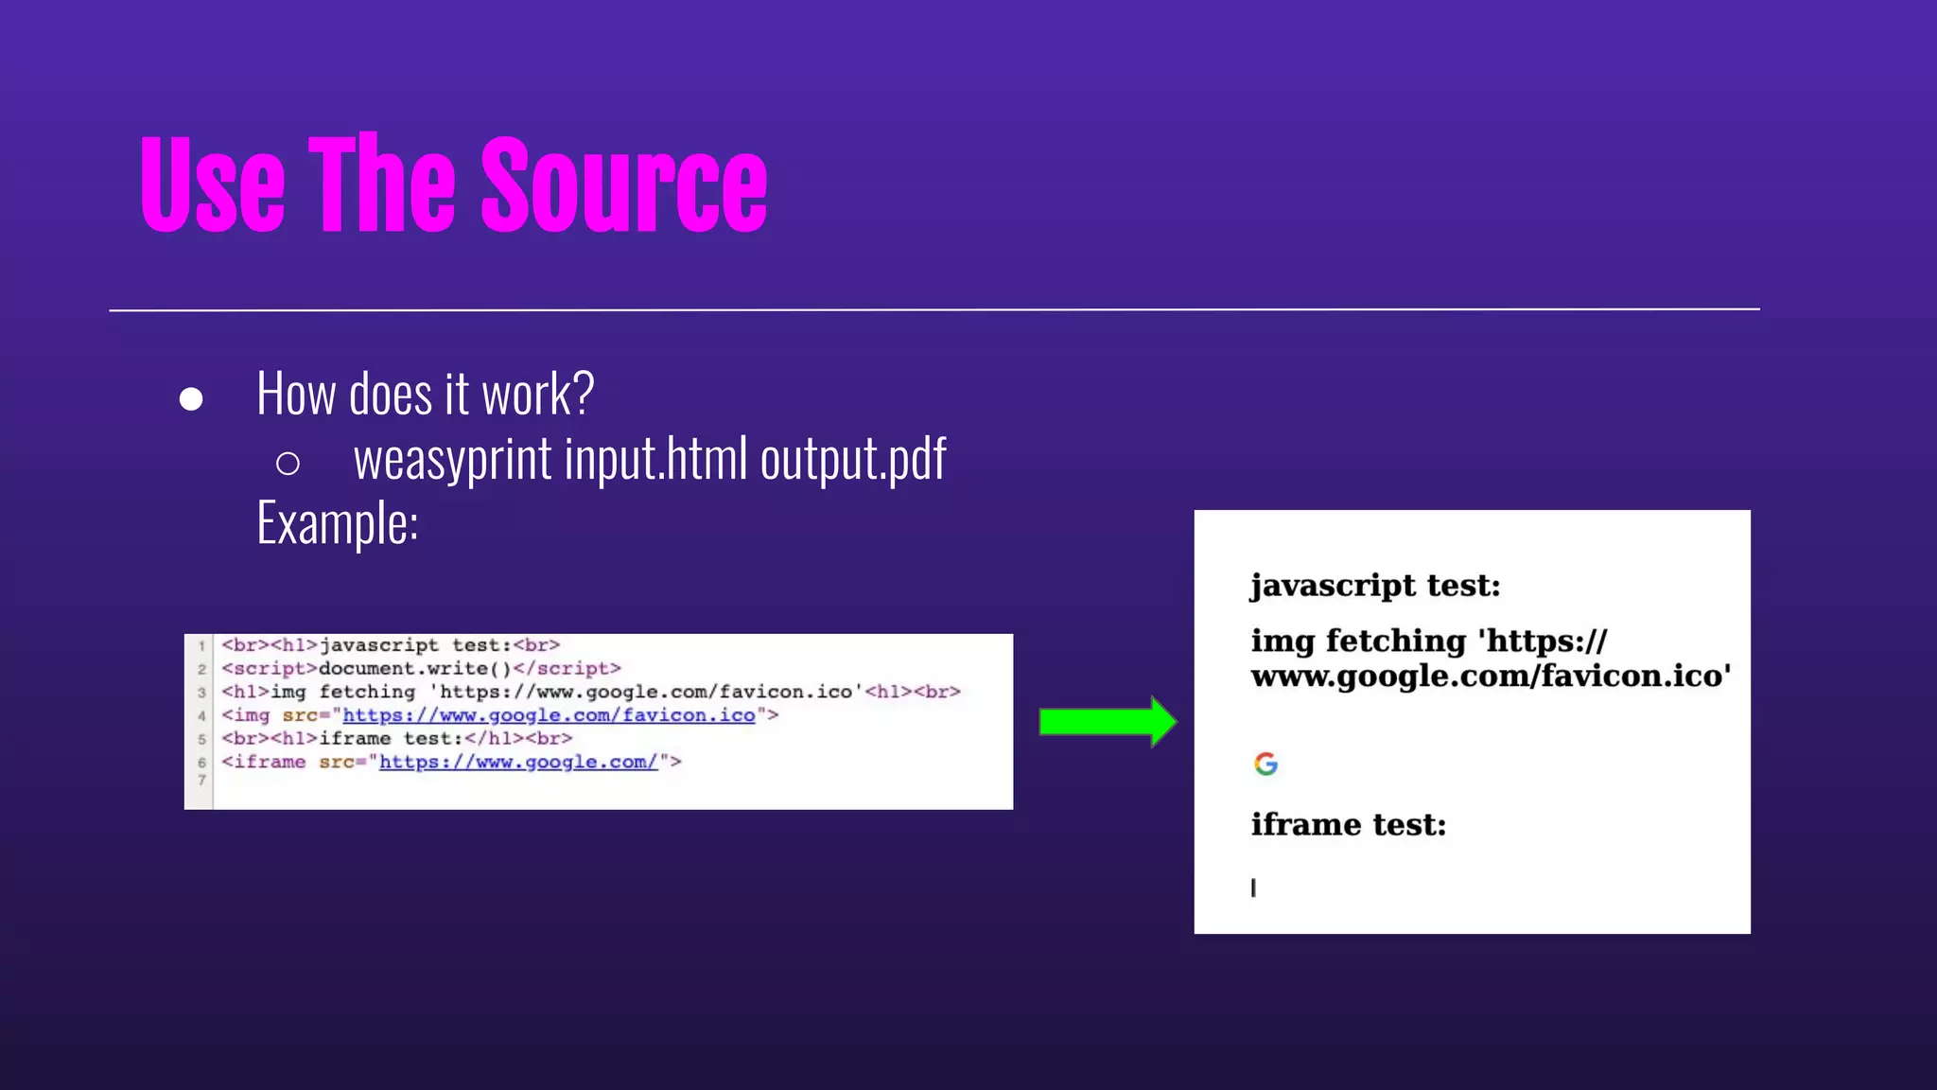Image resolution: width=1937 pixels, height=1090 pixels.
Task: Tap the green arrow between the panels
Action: point(1107,722)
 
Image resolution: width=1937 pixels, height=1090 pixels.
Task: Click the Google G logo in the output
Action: point(1265,764)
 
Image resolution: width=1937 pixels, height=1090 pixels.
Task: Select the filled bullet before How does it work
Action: point(191,399)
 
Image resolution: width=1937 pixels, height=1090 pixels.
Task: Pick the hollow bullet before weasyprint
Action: point(288,464)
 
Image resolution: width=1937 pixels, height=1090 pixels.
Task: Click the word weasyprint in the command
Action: point(452,460)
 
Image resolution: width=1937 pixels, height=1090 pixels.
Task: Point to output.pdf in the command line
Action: point(853,460)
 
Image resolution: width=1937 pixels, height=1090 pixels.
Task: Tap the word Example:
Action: point(338,523)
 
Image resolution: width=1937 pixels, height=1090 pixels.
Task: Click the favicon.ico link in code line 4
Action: point(549,715)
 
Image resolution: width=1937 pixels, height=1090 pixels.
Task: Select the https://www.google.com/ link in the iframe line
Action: point(518,762)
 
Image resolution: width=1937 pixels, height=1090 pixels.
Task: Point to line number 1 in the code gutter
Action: point(201,646)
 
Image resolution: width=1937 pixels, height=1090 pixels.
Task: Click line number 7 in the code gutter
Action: point(201,781)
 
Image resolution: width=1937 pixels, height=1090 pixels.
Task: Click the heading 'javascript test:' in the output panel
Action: point(1375,586)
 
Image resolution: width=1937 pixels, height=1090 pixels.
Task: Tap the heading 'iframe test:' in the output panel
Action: point(1349,825)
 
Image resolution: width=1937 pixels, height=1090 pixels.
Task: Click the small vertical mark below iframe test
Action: point(1253,888)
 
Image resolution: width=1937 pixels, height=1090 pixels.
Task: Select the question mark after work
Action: point(583,394)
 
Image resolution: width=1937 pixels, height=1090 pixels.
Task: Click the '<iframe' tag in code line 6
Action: point(264,762)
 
